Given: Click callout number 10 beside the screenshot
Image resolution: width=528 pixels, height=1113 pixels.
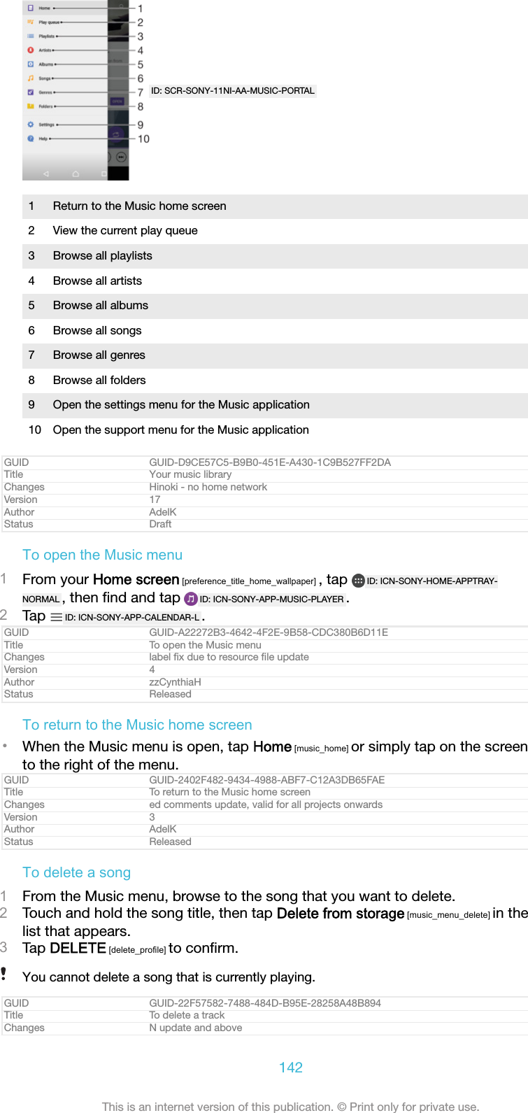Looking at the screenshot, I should pos(143,139).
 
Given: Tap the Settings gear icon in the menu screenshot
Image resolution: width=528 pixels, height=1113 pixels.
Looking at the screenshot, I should pos(31,125).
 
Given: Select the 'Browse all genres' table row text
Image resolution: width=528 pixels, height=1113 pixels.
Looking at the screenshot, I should pos(99,355).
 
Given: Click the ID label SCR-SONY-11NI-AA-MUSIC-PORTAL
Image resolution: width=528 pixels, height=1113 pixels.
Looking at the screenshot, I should pos(233,91).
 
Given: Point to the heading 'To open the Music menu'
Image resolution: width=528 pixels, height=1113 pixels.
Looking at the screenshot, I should pos(102,555).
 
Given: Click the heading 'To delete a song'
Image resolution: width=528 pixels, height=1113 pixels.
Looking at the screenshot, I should pos(76,872).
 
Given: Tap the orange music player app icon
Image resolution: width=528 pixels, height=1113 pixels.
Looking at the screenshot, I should pos(191,599).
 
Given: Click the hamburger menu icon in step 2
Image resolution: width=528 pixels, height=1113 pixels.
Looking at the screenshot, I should pos(57,617).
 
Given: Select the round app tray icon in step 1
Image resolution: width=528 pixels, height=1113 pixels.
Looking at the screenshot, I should pos(358,581).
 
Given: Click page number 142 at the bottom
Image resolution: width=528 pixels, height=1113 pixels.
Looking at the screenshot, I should pos(290,1068).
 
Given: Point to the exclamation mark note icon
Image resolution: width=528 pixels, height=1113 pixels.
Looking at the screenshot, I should pos(4,974).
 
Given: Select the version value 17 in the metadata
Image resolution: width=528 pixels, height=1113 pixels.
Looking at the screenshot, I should pos(155,499).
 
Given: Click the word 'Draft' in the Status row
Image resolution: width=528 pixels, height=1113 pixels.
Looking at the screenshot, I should pos(160,524).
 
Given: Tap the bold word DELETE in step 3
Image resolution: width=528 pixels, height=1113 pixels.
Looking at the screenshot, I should pos(78,948).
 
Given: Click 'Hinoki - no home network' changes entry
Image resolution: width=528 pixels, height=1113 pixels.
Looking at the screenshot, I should pos(208,487).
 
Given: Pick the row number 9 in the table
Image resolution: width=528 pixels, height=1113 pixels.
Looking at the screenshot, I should pos(31,405).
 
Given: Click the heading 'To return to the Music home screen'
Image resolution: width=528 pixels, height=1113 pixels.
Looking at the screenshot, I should pos(137,725).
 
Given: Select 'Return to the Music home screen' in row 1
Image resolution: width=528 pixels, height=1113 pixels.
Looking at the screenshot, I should pos(139,206).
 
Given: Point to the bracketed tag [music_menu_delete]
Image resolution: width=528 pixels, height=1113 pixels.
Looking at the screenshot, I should pos(448,915).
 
